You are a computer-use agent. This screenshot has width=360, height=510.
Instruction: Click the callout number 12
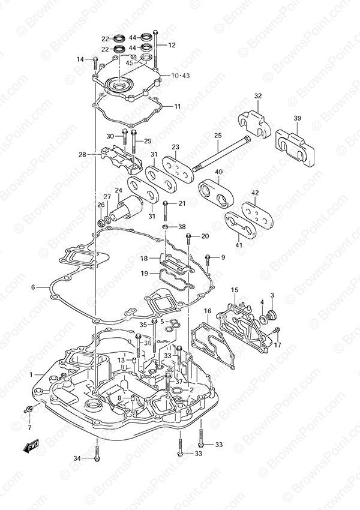pos(172,45)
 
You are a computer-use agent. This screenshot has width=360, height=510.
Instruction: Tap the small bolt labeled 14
pos(95,59)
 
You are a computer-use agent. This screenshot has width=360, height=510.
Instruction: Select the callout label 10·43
pos(163,76)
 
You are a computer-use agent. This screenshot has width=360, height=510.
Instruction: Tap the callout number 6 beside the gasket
pos(34,287)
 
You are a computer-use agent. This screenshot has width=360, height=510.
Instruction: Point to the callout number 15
pos(235,290)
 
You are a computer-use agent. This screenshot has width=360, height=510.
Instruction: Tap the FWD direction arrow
pos(31,446)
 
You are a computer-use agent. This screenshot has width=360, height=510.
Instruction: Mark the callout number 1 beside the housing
pos(31,374)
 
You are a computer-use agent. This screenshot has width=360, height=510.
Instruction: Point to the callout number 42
pos(255,193)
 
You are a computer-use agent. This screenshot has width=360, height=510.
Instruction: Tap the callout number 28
pos(82,154)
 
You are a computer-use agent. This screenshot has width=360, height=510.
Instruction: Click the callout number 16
pos(207,311)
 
